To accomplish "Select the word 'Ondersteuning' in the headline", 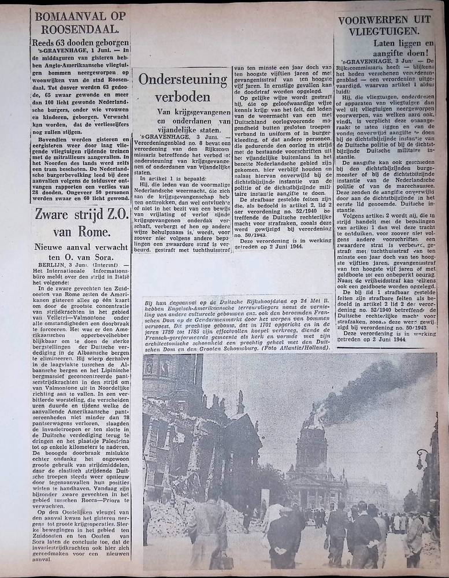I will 182,79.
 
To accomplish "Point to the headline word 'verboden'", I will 182,96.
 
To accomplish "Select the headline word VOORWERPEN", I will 385,20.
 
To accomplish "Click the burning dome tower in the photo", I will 311,439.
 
